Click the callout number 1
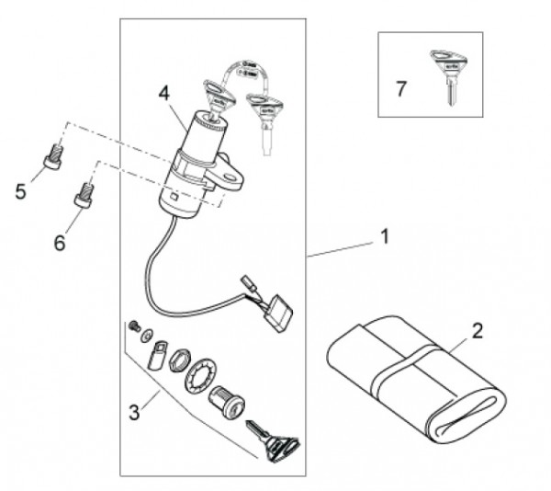[x=385, y=237]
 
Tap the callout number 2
[x=478, y=330]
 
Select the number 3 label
[x=135, y=413]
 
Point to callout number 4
[x=163, y=93]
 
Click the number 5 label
[x=21, y=191]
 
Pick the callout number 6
[x=60, y=243]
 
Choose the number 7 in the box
[x=400, y=89]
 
